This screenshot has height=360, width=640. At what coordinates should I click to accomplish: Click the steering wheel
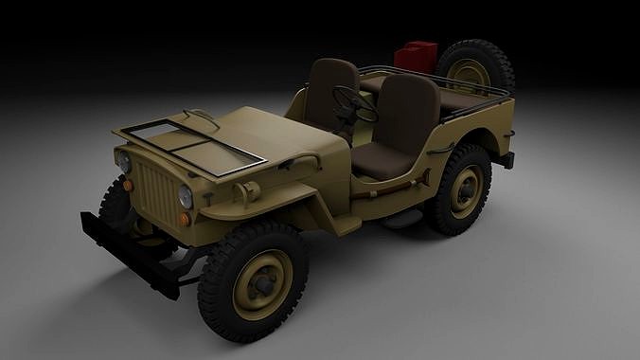pos(351,102)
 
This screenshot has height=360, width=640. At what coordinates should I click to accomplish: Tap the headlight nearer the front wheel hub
pos(186,197)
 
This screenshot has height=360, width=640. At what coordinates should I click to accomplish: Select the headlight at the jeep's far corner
pos(123,161)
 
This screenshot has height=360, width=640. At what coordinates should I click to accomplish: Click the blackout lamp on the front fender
pos(248,193)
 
